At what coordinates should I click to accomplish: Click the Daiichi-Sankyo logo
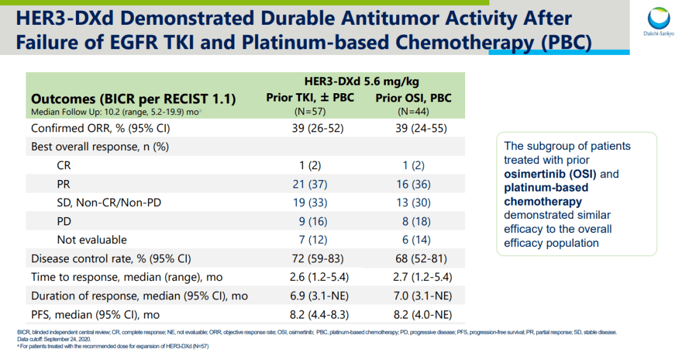tap(660, 22)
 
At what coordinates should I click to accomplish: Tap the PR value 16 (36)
tap(413, 184)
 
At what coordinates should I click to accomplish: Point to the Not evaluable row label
tap(92, 240)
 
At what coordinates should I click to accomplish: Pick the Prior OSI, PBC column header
tap(413, 98)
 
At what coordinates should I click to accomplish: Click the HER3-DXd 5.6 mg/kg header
tap(361, 82)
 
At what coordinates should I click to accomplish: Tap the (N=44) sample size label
tap(413, 111)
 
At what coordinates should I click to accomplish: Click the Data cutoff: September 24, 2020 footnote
tap(55, 339)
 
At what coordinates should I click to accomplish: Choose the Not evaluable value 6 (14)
tap(413, 240)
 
